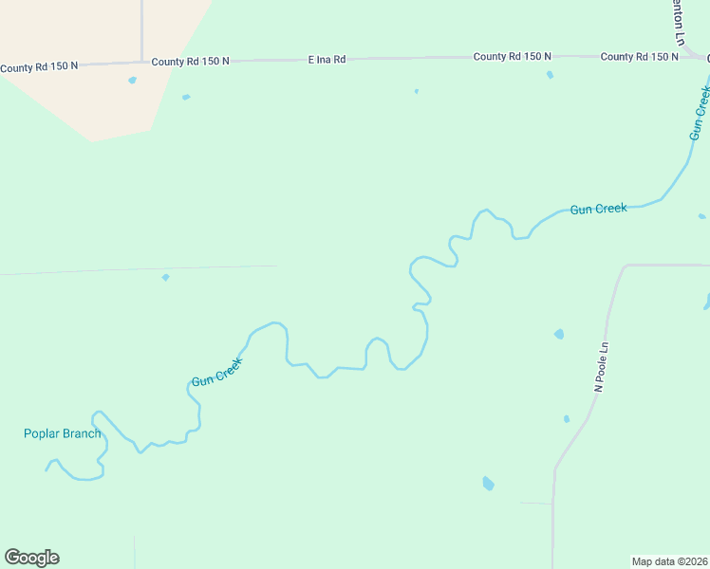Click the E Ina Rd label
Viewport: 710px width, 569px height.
click(x=327, y=59)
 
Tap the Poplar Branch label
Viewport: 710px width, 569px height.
click(x=62, y=434)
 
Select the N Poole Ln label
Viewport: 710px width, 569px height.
click(x=599, y=368)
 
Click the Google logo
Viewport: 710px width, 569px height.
click(x=31, y=558)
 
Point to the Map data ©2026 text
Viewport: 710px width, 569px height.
click(x=669, y=561)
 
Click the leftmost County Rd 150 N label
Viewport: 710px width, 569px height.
click(x=39, y=67)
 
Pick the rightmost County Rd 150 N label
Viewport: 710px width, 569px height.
click(x=639, y=57)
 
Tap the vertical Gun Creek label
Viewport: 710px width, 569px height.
click(x=699, y=114)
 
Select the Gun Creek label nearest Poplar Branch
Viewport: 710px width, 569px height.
click(x=217, y=371)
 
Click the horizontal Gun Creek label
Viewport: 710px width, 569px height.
click(x=598, y=209)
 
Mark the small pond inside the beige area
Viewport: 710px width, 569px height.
click(x=132, y=80)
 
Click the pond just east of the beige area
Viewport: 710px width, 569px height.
click(x=186, y=97)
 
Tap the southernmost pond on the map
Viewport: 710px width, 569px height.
click(x=488, y=483)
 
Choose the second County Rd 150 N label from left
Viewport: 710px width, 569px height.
click(x=191, y=61)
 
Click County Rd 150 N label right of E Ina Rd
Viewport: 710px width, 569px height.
click(x=512, y=57)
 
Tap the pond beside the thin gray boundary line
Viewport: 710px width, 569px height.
click(x=165, y=277)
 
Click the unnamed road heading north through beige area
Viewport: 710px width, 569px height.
click(x=141, y=28)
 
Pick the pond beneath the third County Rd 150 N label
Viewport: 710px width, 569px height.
click(x=550, y=75)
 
